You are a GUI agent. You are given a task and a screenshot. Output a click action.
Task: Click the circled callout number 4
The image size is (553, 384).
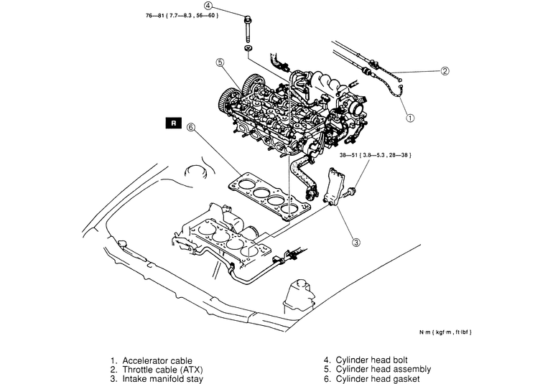click(x=208, y=6)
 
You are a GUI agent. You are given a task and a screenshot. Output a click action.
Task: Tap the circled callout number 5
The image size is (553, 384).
click(x=220, y=62)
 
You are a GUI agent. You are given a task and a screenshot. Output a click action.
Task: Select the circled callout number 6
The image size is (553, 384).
click(x=190, y=127)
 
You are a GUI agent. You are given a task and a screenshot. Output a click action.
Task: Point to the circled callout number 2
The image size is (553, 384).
click(x=445, y=71)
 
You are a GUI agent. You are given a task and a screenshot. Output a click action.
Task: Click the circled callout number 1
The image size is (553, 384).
click(x=410, y=118)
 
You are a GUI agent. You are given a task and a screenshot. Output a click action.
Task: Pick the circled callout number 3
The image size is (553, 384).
click(x=356, y=243)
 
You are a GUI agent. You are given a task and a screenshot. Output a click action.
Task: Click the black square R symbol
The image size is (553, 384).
click(x=173, y=123)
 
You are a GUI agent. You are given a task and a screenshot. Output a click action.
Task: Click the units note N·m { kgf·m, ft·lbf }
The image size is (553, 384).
click(x=445, y=332)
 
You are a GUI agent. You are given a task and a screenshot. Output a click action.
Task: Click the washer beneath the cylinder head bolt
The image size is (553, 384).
click(x=248, y=47)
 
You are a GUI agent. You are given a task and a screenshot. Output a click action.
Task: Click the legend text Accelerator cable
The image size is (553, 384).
click(x=157, y=361)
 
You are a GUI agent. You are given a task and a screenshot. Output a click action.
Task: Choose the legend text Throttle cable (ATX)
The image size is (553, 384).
click(x=162, y=370)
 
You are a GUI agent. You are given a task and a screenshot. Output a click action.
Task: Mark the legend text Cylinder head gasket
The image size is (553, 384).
click(x=377, y=380)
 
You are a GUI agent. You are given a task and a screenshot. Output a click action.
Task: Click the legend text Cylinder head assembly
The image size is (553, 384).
click(x=383, y=370)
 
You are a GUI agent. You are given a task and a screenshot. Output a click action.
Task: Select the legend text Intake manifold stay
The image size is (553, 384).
click(x=162, y=379)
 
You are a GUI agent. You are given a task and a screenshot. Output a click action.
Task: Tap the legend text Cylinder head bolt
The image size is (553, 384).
click(x=371, y=360)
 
